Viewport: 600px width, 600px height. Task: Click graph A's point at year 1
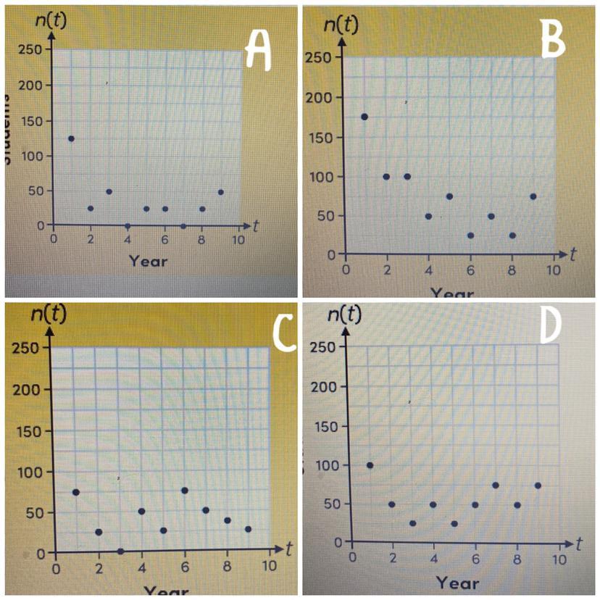tap(71, 138)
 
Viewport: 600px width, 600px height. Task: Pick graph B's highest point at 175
tap(364, 117)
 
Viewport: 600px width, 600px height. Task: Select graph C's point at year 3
tap(120, 551)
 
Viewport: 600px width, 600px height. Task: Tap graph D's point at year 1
tap(370, 465)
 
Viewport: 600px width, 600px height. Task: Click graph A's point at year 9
tap(220, 192)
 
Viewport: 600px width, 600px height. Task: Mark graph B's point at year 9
tap(533, 196)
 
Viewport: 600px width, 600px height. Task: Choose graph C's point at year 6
tap(185, 491)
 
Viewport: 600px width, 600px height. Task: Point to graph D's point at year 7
tap(496, 486)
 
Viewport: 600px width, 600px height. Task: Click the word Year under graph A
tap(148, 260)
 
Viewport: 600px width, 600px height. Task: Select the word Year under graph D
tap(458, 583)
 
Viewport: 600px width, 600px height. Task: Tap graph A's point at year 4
tap(128, 226)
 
